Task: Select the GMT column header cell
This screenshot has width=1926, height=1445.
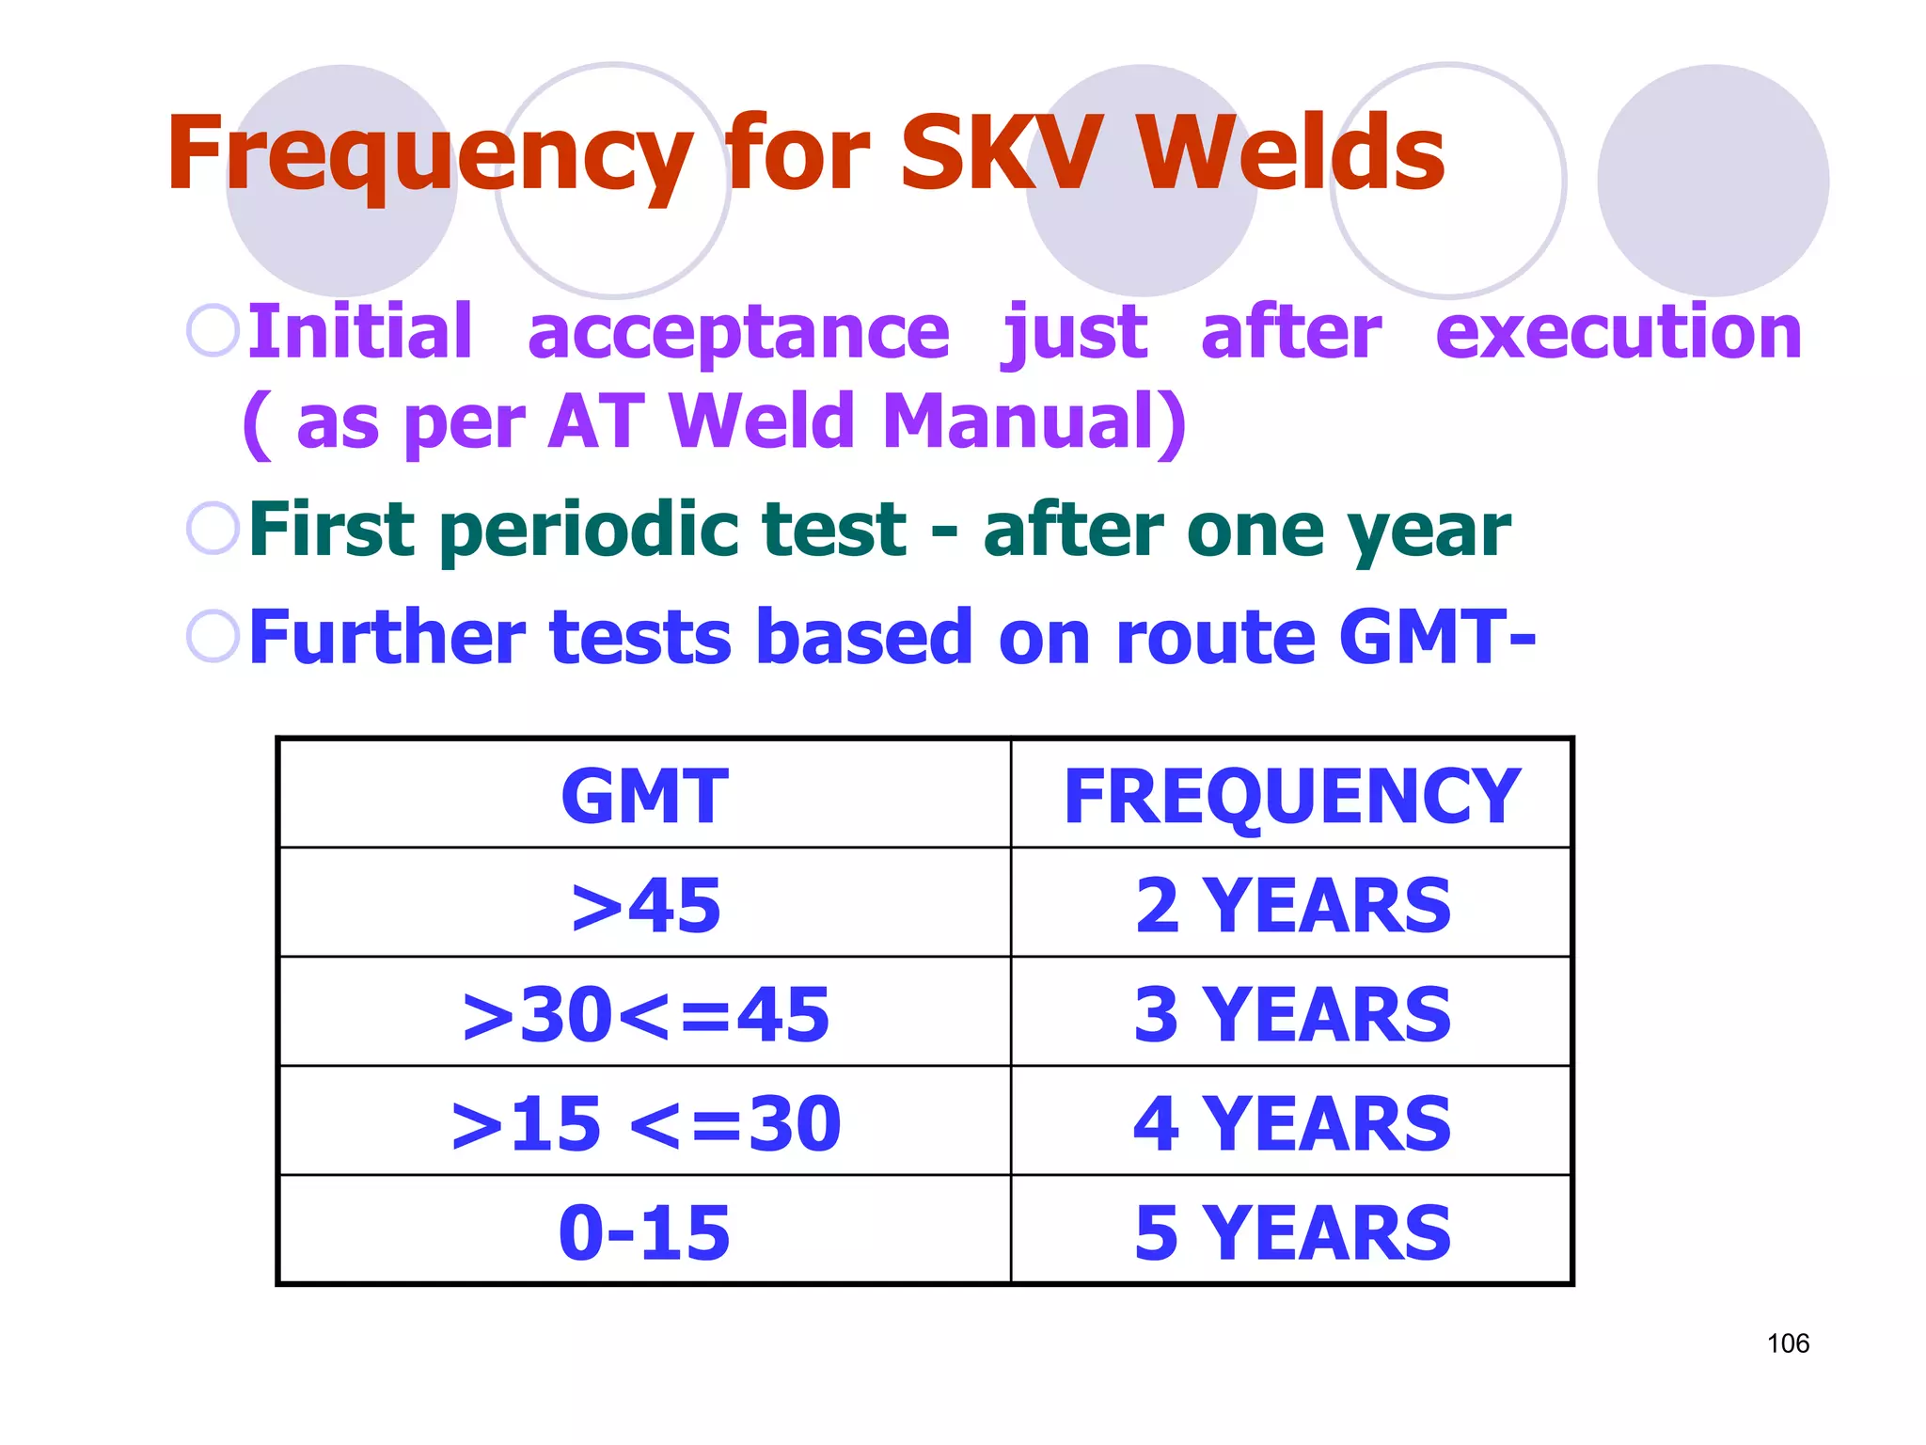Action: [x=645, y=796]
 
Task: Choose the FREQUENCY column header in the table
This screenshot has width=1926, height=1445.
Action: [x=1291, y=796]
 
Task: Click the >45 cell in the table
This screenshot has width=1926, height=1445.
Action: [x=645, y=905]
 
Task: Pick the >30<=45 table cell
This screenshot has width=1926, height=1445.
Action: [x=645, y=1014]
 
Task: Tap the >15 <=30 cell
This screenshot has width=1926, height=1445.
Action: [x=645, y=1123]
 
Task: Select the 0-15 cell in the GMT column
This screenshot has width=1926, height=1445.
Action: [x=645, y=1232]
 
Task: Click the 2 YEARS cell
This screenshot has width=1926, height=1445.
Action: [x=1292, y=905]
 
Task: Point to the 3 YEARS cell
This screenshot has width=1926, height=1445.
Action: [x=1292, y=1014]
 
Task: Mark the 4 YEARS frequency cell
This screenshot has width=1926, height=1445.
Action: [x=1292, y=1123]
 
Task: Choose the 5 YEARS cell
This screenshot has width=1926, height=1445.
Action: [x=1292, y=1232]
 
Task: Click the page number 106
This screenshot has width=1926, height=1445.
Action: [x=1788, y=1343]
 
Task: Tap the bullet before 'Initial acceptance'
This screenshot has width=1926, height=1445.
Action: [x=213, y=331]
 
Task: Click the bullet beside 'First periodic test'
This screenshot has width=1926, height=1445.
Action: [x=213, y=528]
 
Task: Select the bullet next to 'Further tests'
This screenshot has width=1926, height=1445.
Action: [x=213, y=636]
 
